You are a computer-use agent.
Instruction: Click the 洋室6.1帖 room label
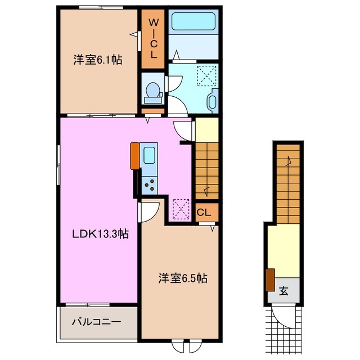coord(98,60)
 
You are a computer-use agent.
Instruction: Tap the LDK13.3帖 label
coord(100,234)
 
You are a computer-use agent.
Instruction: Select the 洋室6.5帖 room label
coord(183,278)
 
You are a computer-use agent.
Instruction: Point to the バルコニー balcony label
coord(96,322)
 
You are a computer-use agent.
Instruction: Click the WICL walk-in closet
coord(153,39)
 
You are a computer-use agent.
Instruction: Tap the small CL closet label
coord(204,213)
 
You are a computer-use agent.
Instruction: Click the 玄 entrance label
coord(283,291)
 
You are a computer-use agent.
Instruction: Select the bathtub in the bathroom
coord(193,21)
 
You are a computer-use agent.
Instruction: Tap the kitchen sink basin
coord(149,155)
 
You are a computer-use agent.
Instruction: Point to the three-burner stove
coord(149,185)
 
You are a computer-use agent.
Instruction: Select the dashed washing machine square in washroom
coord(206,76)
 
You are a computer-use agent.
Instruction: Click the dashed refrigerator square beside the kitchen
coord(181,209)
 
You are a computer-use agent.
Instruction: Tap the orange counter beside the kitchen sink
coord(135,156)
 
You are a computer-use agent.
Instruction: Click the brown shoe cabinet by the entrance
coord(270,280)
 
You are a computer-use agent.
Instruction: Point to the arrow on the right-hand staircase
coord(289,161)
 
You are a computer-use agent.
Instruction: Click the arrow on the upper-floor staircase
coord(206,191)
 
